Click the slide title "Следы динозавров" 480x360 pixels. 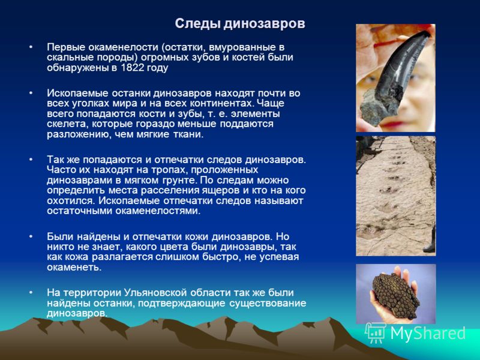[x=240, y=24]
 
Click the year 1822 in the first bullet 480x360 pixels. [x=132, y=68]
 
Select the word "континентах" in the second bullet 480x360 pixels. [x=221, y=103]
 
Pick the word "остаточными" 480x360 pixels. [x=80, y=211]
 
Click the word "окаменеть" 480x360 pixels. [x=74, y=267]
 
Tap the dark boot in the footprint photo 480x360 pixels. [x=430, y=241]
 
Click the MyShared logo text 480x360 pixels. [x=428, y=333]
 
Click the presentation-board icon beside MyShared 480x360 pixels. [x=376, y=332]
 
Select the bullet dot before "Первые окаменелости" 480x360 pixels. [x=31, y=47]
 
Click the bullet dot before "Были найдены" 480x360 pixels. [x=31, y=236]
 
